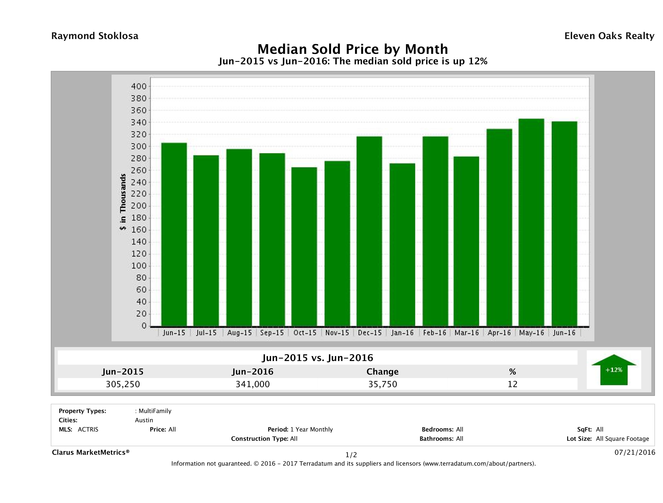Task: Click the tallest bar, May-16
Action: [x=532, y=222]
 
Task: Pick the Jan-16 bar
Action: [x=402, y=245]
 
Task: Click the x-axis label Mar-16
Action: [x=466, y=333]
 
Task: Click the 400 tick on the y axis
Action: [x=138, y=86]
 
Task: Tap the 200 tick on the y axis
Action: [x=138, y=206]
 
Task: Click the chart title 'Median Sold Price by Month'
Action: [x=353, y=49]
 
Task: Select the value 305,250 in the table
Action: [x=123, y=384]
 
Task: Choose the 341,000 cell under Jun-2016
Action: [x=253, y=384]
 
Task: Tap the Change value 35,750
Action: [x=383, y=384]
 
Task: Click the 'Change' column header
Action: [x=383, y=372]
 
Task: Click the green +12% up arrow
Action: [x=613, y=370]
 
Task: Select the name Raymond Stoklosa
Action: [x=95, y=36]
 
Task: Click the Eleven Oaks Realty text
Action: [x=609, y=36]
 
